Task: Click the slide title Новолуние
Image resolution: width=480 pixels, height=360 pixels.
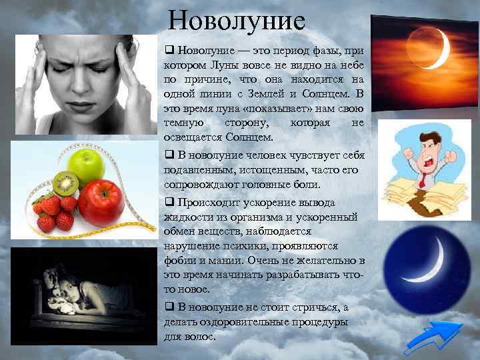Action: tap(237, 20)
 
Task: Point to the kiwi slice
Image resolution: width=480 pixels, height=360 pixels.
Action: tap(65, 182)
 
